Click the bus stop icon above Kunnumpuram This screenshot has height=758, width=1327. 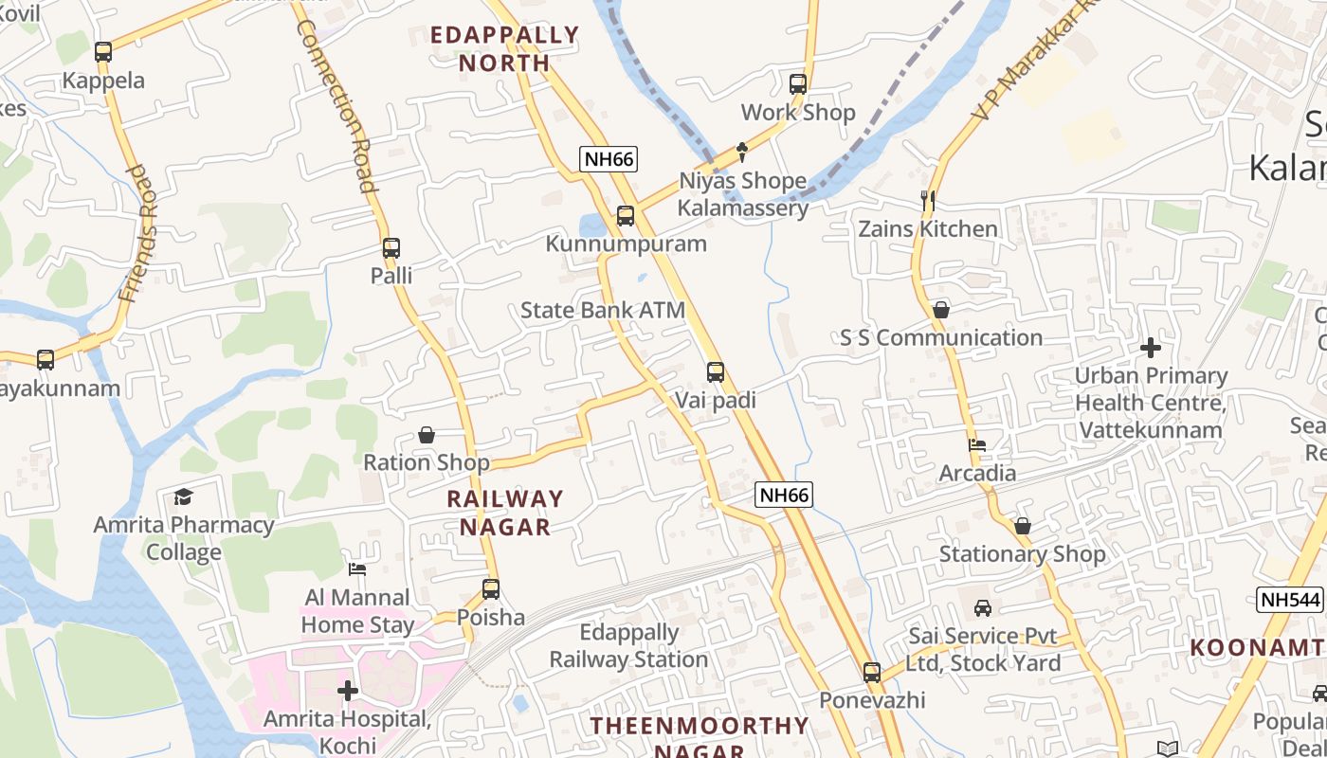(626, 216)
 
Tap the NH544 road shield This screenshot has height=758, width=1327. (1290, 600)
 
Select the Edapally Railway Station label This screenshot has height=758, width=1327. (629, 646)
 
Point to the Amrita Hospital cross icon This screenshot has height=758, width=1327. (348, 691)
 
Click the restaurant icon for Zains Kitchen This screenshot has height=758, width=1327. (928, 200)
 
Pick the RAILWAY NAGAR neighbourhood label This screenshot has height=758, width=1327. (505, 513)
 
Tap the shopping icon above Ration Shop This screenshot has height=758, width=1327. (427, 435)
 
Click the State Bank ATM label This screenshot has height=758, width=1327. (603, 311)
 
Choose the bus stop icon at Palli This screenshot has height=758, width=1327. (391, 249)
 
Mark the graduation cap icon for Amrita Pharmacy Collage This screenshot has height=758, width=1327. (183, 496)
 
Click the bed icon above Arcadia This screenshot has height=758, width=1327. (977, 444)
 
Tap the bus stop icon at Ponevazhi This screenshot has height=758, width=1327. (872, 673)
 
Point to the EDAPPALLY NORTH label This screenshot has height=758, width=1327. (504, 49)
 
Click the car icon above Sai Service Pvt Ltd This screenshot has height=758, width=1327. (983, 607)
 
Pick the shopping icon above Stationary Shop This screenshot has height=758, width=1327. (1022, 526)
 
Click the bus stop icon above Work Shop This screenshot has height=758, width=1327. (798, 84)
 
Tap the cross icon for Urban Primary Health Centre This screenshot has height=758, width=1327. (1151, 348)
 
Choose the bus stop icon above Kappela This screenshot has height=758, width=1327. (103, 53)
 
